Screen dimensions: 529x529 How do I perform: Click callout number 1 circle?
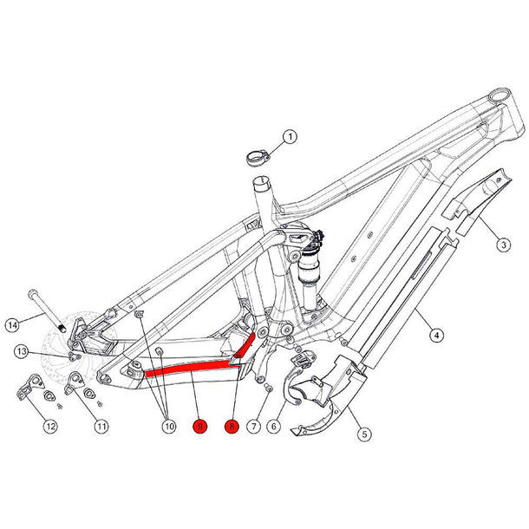[290, 136]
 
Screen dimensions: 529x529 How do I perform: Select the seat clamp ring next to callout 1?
[256, 159]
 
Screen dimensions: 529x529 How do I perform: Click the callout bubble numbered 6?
[273, 426]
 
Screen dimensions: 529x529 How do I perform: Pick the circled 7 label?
[253, 426]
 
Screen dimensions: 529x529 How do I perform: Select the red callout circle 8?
[232, 426]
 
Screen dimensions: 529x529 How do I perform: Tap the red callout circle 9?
[200, 426]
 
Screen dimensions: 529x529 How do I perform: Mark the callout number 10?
[169, 426]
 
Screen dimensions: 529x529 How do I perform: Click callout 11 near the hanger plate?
[101, 426]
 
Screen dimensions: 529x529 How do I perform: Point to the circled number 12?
[51, 426]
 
